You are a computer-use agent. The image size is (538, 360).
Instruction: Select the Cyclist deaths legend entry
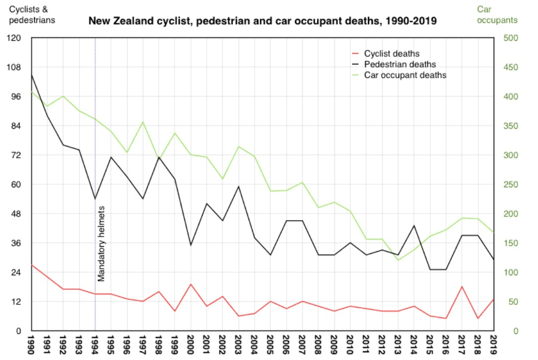392,53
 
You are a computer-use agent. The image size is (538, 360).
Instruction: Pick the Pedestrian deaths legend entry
400,64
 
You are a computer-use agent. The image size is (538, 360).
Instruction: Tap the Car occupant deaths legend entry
405,75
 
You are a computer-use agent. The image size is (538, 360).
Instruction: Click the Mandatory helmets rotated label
101,244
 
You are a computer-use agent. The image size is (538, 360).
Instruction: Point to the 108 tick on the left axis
16,67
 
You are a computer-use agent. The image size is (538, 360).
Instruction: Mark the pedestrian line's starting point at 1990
32,75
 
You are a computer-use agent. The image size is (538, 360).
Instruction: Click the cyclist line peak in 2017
462,287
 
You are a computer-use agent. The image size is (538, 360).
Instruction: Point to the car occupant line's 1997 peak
143,122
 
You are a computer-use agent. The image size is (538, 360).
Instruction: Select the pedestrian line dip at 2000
190,245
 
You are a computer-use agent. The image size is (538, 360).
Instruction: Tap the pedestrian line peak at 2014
414,226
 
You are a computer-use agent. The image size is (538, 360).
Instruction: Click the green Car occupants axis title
497,15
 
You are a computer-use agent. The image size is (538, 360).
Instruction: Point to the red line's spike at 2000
190,284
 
